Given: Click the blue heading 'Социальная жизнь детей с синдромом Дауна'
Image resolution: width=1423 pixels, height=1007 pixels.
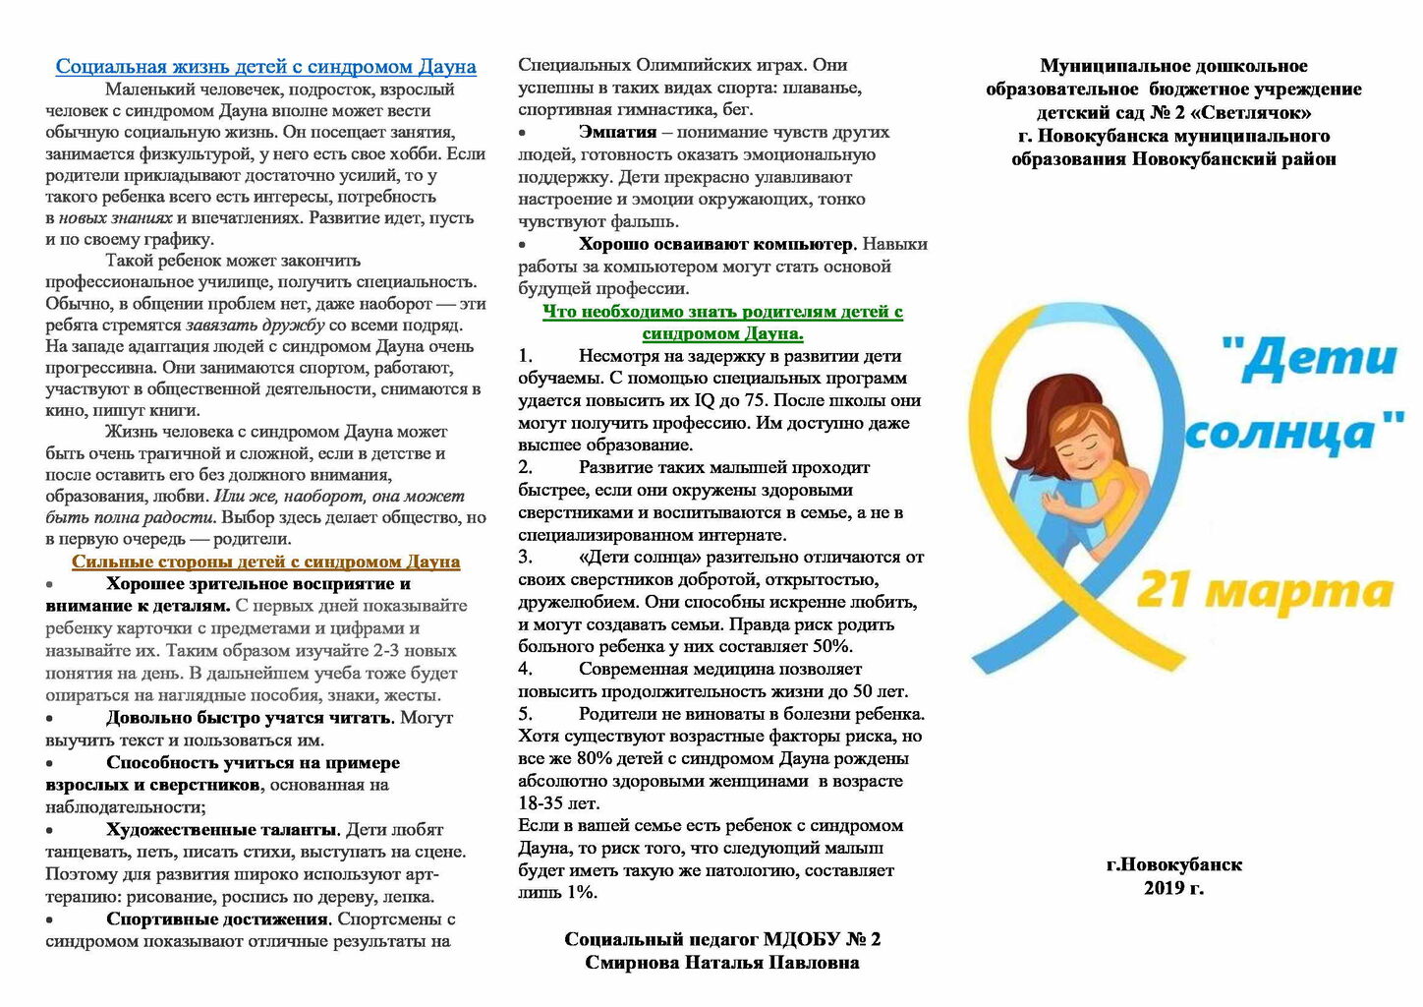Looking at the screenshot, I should (265, 67).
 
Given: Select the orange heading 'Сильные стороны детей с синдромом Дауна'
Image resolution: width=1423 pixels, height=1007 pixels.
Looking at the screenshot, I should (265, 562).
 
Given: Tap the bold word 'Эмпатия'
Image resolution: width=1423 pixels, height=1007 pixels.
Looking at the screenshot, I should (617, 132).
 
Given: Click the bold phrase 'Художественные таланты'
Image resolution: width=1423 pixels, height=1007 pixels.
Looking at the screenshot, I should (222, 830).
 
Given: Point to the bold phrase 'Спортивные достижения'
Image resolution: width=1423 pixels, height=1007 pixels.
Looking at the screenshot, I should (217, 919).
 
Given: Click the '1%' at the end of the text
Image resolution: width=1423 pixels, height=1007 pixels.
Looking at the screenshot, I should (580, 893).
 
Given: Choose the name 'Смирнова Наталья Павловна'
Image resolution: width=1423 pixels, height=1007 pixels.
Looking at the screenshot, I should (721, 963).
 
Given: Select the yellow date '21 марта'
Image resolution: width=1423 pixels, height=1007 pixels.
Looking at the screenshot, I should (1264, 592).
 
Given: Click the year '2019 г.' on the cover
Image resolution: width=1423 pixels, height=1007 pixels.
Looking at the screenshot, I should (1173, 888).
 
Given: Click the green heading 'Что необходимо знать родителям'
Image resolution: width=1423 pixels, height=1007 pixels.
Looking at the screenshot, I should (722, 312).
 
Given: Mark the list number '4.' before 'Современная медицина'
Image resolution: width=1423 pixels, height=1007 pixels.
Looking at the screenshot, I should (526, 669).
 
